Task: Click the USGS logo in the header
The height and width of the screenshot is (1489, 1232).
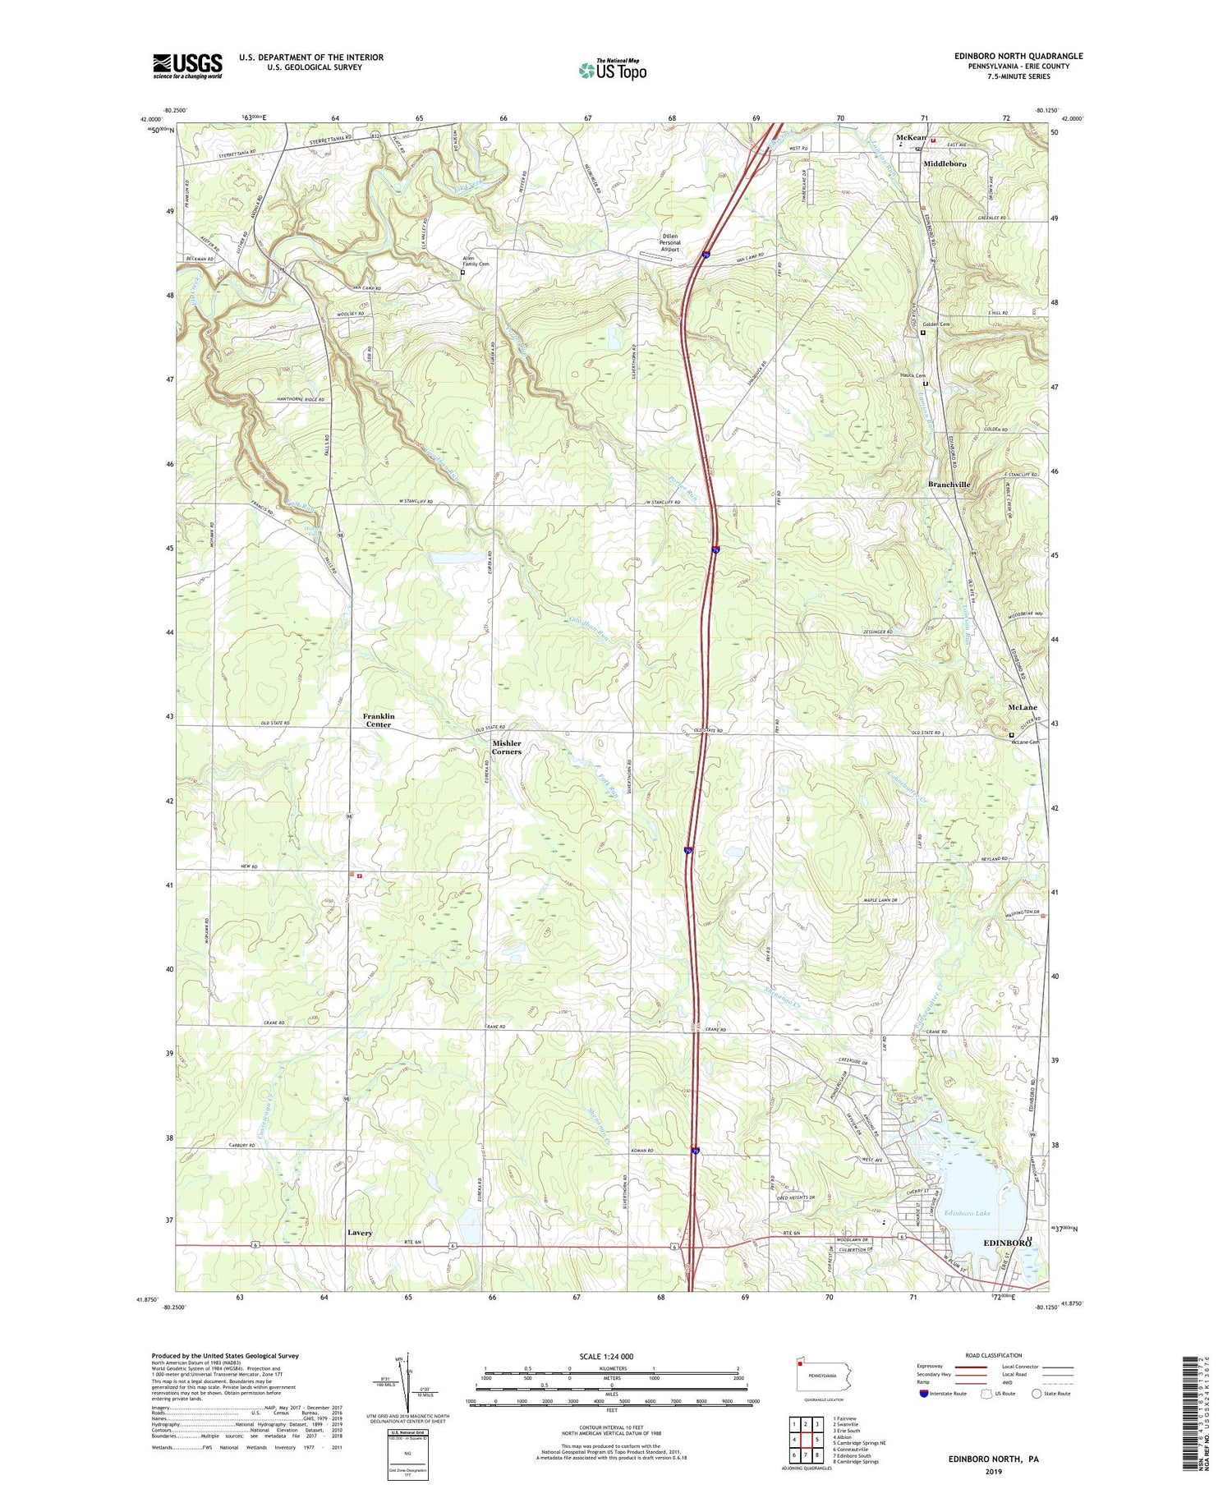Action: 187,66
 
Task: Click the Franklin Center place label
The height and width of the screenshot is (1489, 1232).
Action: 379,720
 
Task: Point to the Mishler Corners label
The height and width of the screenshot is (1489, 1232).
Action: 507,747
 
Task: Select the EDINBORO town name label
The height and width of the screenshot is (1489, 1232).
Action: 1006,1243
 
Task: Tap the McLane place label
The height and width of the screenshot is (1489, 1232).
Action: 1022,707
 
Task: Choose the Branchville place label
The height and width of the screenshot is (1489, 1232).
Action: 949,485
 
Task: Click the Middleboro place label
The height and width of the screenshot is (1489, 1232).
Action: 945,164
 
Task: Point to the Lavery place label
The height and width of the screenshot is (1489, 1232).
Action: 359,1233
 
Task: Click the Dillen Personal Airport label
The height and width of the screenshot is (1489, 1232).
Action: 670,243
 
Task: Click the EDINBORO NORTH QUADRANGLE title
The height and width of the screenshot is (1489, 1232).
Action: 1006,56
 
